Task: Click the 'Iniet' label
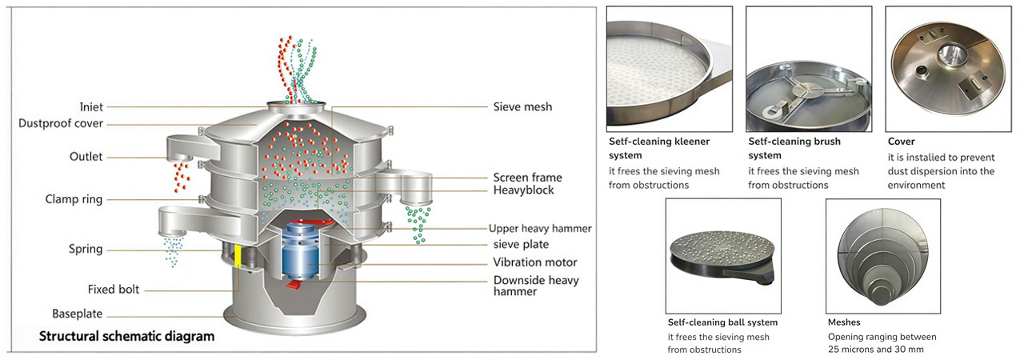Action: [x=91, y=107]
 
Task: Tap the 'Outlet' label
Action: [x=86, y=157]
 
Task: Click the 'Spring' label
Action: [x=86, y=250]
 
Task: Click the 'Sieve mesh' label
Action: [x=522, y=106]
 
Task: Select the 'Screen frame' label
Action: [x=527, y=178]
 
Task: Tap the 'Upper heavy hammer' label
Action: [x=540, y=228]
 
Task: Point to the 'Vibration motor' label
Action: [x=535, y=262]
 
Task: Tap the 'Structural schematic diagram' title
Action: [x=126, y=337]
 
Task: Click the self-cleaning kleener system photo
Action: [x=669, y=69]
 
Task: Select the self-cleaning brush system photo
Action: [x=808, y=69]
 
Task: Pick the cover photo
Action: [x=947, y=69]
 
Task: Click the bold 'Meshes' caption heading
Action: [x=844, y=322]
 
